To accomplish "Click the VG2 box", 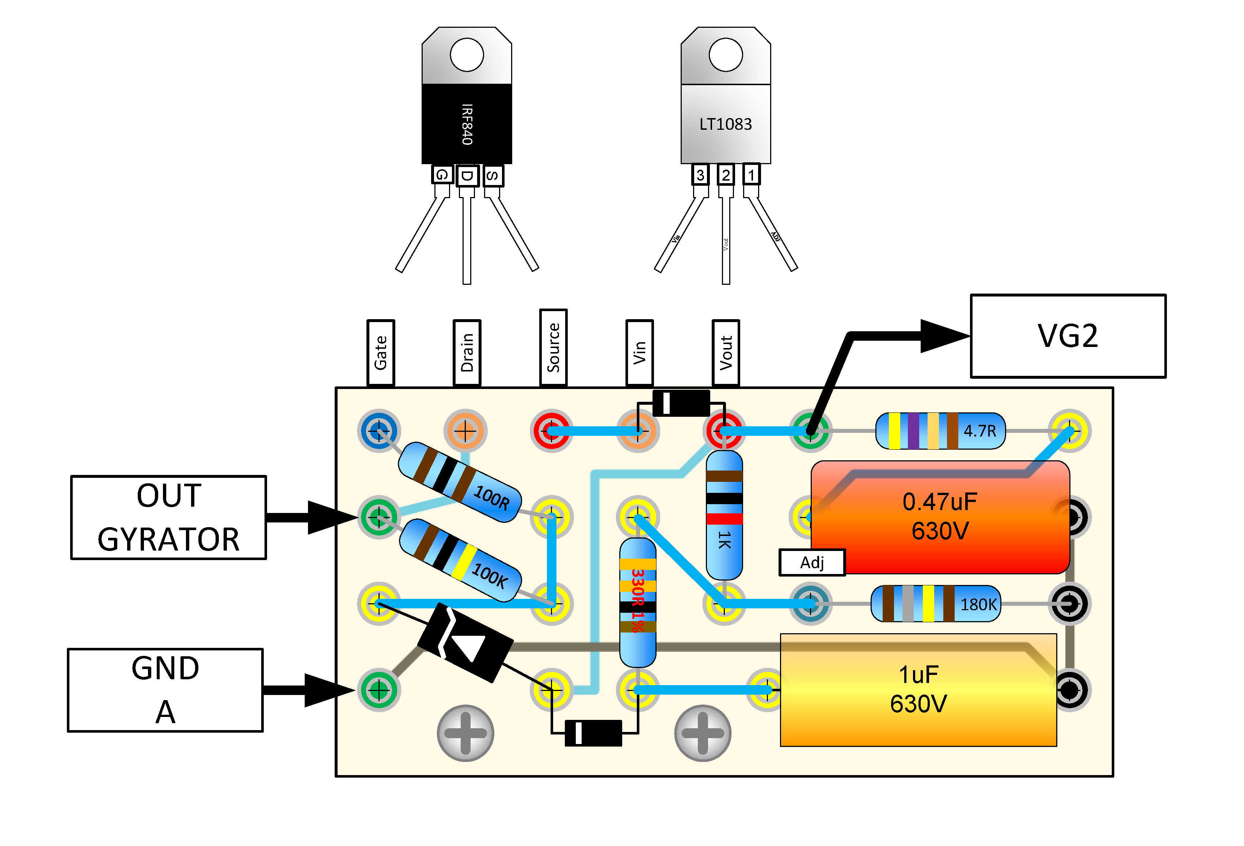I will coord(1068,336).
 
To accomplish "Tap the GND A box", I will coord(166,690).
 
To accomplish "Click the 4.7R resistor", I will coord(940,431).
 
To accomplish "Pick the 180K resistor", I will coord(936,604).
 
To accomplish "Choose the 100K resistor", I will coord(460,560).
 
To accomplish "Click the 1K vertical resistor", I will coord(724,515).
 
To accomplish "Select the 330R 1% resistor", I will coord(637,603).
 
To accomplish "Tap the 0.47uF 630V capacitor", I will coord(940,517).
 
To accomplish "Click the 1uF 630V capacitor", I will coord(918,690).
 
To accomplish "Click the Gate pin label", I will coord(381,352).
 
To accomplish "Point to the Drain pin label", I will coord(467,352).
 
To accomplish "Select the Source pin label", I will coord(553,347).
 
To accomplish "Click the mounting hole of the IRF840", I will coord(467,54).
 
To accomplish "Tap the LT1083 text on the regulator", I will coord(725,124).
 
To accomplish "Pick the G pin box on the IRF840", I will coord(442,175).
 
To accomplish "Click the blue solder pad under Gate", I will coord(379,430).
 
